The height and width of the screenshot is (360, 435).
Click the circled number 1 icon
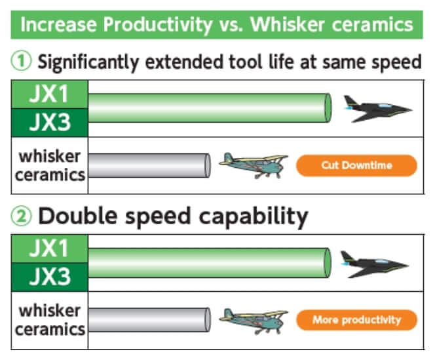[21, 61]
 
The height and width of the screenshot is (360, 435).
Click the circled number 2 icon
[21, 216]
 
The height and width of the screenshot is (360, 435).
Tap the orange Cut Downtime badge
[356, 165]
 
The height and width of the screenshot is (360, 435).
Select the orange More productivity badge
[356, 320]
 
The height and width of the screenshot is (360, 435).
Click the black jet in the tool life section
[377, 109]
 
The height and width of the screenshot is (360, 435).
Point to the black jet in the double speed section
[375, 264]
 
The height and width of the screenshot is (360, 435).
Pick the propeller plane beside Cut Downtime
[254, 165]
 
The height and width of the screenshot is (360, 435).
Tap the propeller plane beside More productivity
[254, 321]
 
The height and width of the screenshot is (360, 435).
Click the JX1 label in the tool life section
[49, 94]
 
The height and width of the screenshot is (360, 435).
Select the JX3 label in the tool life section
[49, 123]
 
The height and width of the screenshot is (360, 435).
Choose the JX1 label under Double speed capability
[49, 249]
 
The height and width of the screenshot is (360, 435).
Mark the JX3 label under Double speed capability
[49, 277]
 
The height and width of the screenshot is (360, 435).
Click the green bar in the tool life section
[210, 108]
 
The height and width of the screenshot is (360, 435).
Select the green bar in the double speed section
[210, 263]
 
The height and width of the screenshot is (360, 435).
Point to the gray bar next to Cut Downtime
[149, 165]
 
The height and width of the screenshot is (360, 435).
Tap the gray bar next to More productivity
[149, 320]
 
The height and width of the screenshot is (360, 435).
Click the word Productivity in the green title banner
[158, 25]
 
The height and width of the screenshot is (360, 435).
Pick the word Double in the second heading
[78, 216]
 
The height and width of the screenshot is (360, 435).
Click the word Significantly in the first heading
[88, 62]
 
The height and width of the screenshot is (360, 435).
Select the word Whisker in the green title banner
[288, 24]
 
